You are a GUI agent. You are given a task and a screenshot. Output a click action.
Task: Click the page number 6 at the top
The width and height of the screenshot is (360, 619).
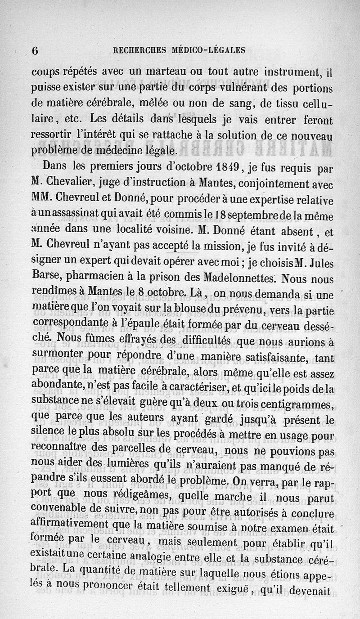point(35,50)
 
